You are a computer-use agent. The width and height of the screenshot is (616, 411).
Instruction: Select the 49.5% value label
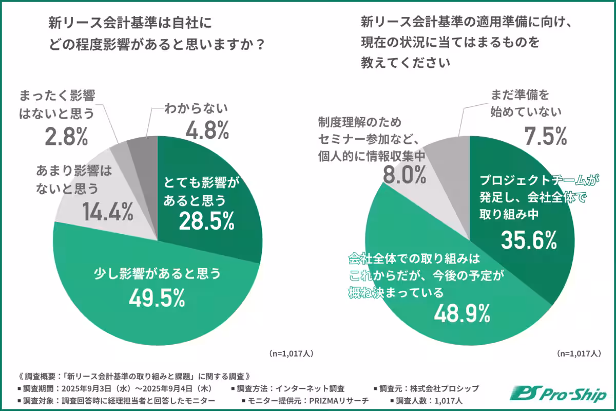(157, 297)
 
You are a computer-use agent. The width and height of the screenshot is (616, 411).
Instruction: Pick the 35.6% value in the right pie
(529, 239)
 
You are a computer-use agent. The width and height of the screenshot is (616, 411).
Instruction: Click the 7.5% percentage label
(545, 136)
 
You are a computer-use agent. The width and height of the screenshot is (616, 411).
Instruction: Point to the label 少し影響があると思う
(158, 274)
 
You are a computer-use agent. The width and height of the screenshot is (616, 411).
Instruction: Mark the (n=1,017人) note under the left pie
(291, 353)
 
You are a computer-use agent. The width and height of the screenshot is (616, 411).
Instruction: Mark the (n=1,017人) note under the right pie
(579, 353)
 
